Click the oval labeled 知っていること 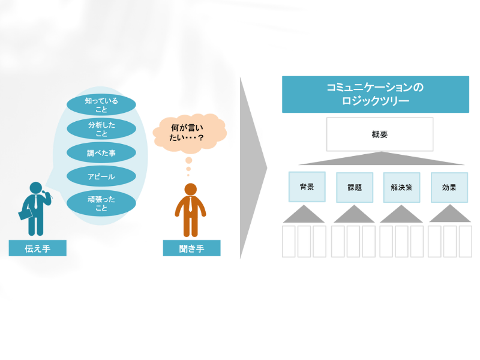point(101,104)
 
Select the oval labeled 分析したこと point(101,129)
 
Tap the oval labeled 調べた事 point(101,153)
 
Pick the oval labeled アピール point(101,176)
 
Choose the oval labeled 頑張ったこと point(101,203)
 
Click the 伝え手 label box point(38,248)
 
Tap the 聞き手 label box point(191,248)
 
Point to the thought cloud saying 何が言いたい point(190,133)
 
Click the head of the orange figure point(191,189)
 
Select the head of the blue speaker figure point(36,188)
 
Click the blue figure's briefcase point(25,214)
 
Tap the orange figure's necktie point(191,205)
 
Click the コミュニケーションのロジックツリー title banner point(376,94)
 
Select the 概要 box point(380,134)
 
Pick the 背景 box point(307,187)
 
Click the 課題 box point(355,187)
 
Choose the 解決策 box point(401,187)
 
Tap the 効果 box point(449,187)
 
